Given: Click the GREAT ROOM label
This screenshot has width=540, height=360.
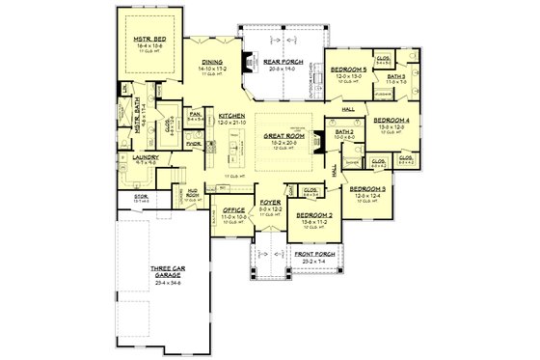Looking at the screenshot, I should [283, 136].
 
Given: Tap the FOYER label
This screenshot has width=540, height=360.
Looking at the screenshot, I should [269, 202].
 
